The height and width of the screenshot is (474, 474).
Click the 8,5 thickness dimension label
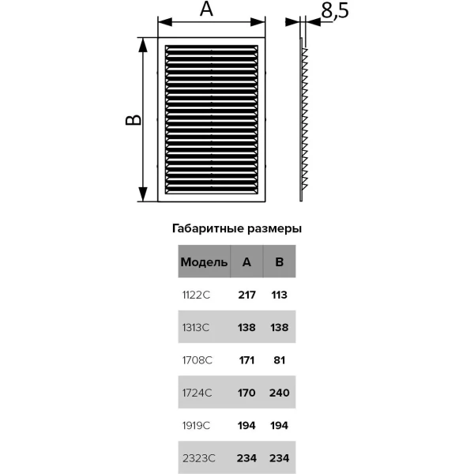pyautogui.click(x=335, y=10)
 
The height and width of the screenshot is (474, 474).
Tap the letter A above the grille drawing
pyautogui.click(x=206, y=9)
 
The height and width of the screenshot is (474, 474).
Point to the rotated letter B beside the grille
pyautogui.click(x=134, y=120)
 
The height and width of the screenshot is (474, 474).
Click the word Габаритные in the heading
pyautogui.click(x=209, y=229)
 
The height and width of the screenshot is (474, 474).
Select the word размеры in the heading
pyautogui.click(x=274, y=229)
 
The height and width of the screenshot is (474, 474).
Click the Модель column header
pyautogui.click(x=204, y=262)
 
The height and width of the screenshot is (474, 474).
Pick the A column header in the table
pyautogui.click(x=246, y=261)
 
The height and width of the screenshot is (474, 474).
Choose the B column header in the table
pyautogui.click(x=280, y=261)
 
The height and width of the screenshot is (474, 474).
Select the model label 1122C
pyautogui.click(x=196, y=295)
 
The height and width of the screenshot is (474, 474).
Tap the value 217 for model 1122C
pyautogui.click(x=246, y=295)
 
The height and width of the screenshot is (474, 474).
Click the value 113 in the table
pyautogui.click(x=280, y=295)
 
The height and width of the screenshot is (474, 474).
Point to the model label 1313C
pyautogui.click(x=196, y=328)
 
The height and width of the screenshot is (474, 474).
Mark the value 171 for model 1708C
pyautogui.click(x=246, y=360)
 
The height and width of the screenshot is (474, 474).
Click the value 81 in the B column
pyautogui.click(x=280, y=360)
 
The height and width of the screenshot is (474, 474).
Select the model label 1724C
pyautogui.click(x=197, y=393)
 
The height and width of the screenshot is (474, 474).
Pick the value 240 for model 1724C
pyautogui.click(x=280, y=393)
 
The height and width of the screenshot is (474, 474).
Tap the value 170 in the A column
pyautogui.click(x=246, y=393)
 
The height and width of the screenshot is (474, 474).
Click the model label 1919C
pyautogui.click(x=196, y=426)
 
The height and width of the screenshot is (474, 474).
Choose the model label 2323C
pyautogui.click(x=198, y=458)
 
